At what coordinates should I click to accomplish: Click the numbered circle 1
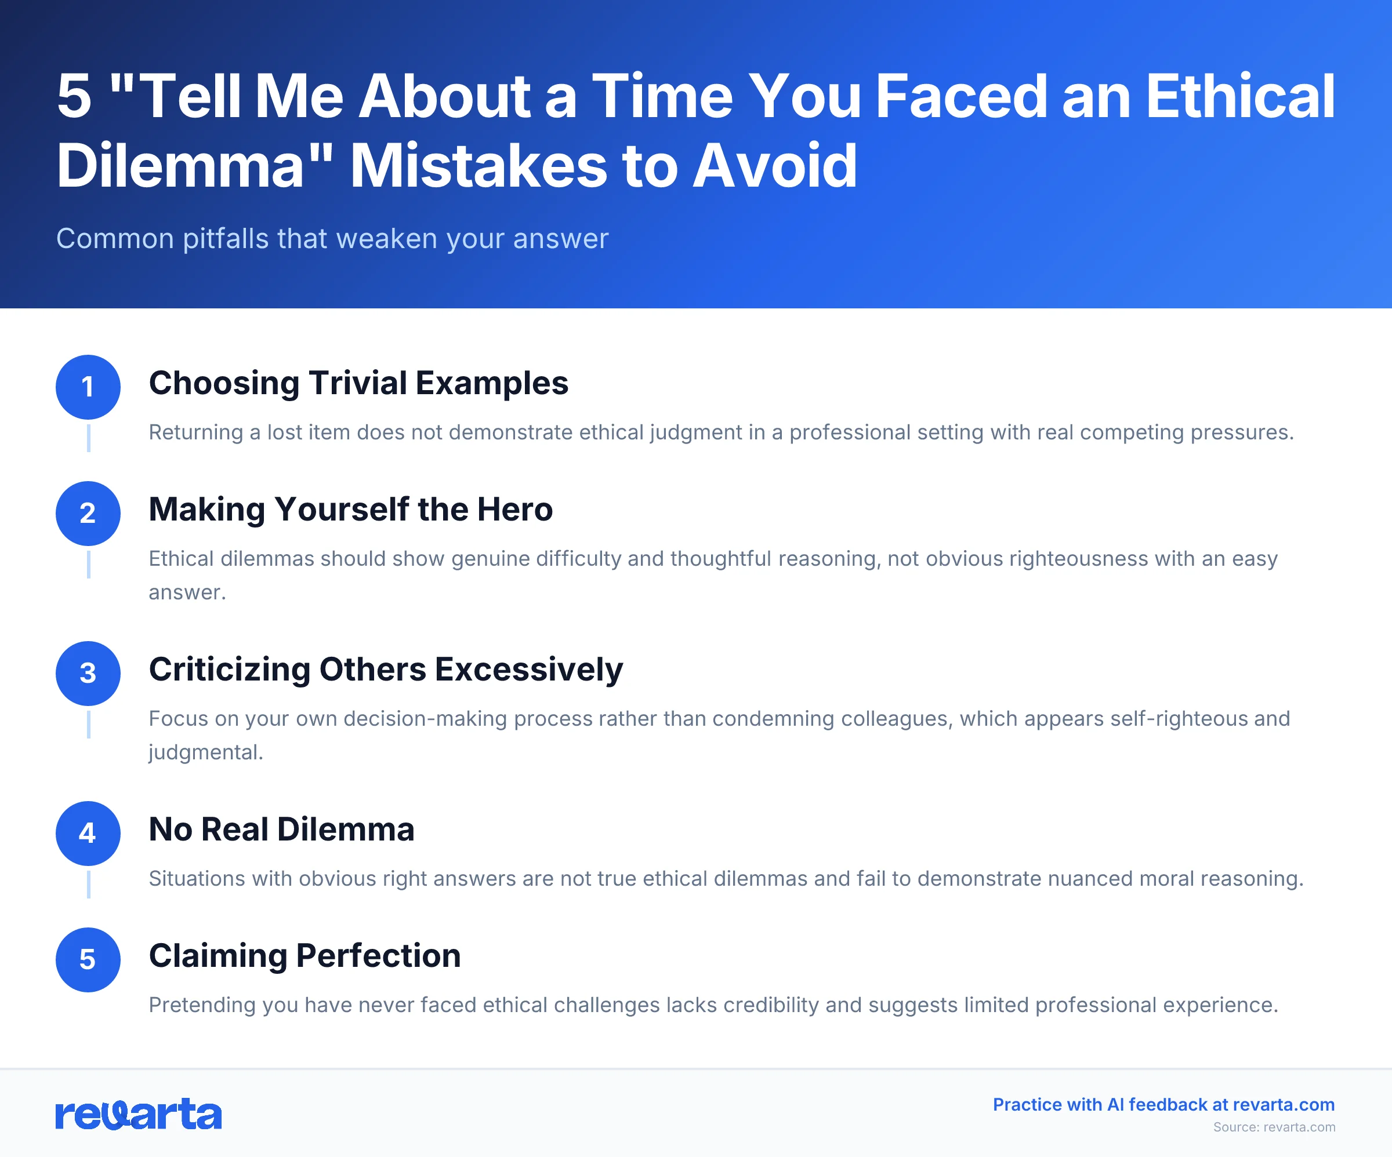tap(88, 387)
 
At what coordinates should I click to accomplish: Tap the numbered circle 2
tap(88, 514)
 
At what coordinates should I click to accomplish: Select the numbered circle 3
tap(88, 673)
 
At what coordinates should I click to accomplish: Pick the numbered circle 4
tap(88, 834)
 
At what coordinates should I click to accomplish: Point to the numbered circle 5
tap(88, 959)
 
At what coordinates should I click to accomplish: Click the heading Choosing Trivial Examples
tap(358, 383)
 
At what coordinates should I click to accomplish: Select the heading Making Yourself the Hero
tap(350, 510)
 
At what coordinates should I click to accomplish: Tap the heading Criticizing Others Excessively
tap(385, 670)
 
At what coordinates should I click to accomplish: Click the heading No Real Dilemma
tap(281, 829)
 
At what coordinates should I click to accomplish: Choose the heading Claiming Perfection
tap(304, 955)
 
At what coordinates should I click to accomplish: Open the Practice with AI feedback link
tap(1163, 1105)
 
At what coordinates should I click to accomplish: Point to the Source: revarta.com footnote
tap(1274, 1127)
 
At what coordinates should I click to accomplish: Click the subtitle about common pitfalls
tap(331, 239)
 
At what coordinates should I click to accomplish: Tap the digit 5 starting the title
tap(74, 97)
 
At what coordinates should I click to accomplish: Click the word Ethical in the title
tap(1239, 97)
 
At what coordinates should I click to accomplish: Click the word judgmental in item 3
tap(205, 753)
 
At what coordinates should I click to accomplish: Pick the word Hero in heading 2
tap(514, 510)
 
